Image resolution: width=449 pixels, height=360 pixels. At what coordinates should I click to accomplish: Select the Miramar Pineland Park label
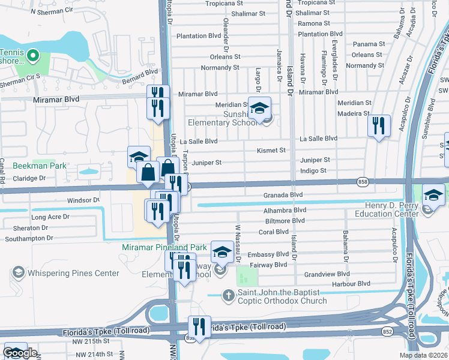pos(164,247)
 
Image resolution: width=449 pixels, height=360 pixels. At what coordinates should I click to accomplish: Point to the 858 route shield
pos(361,181)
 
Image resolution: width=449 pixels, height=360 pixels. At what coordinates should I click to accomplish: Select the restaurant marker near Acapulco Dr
pos(378,126)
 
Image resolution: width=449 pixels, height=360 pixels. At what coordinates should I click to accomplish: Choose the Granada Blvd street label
pos(283,195)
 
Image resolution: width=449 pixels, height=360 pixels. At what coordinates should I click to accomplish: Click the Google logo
pos(20,353)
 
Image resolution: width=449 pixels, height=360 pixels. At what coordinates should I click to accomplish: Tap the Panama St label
pos(369,44)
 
